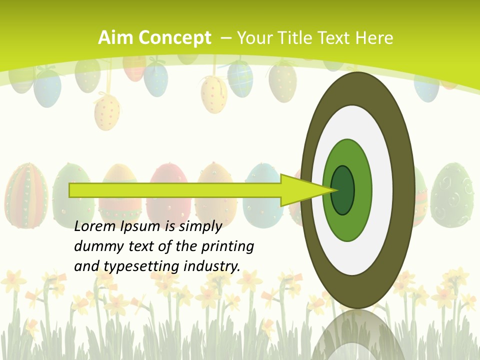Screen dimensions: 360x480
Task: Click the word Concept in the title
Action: coord(174,38)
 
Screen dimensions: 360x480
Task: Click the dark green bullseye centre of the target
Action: coord(342,190)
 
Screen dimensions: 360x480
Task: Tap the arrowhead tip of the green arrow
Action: coord(335,190)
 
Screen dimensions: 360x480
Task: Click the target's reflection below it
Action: coord(357,335)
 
